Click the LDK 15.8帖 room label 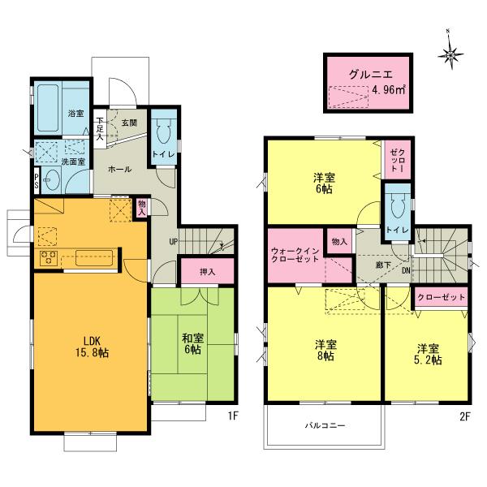(x=91, y=346)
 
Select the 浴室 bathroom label (x=75, y=114)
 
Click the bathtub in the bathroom (x=50, y=102)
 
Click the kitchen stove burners (x=46, y=260)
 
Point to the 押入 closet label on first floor (x=207, y=270)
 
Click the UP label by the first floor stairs (x=173, y=241)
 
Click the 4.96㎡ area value (x=388, y=91)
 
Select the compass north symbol (x=450, y=55)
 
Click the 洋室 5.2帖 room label (x=425, y=354)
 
